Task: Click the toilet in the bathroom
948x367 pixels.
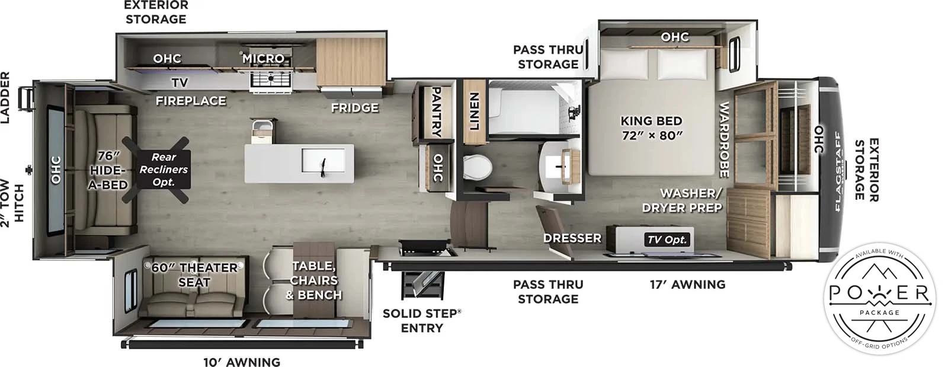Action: (x=476, y=167)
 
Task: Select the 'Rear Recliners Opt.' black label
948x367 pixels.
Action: (x=164, y=169)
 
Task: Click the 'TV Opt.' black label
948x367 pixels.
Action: (x=667, y=240)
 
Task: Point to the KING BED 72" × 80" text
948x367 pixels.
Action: (x=651, y=128)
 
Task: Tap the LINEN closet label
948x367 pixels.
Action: (x=474, y=111)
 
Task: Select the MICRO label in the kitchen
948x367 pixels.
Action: (x=263, y=59)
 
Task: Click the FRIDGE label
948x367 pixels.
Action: (x=354, y=108)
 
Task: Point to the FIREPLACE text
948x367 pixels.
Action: (x=191, y=101)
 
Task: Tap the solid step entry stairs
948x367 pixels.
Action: (x=421, y=283)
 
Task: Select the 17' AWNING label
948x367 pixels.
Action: (x=687, y=285)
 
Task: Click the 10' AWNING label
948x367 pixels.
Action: (x=242, y=362)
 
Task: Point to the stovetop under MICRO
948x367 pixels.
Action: (x=270, y=79)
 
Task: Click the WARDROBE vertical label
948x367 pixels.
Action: (x=723, y=139)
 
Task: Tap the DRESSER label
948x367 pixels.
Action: (x=572, y=238)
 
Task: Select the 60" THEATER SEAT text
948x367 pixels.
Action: (x=194, y=275)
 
